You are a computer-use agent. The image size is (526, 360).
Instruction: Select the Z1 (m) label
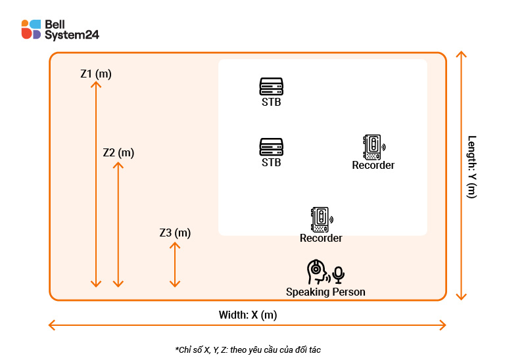[96, 74]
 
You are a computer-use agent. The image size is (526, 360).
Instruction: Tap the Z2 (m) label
[118, 152]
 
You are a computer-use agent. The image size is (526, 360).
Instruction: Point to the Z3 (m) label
[175, 233]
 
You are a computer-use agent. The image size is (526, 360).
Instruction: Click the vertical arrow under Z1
[96, 184]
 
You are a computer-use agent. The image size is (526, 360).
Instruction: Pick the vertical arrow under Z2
[118, 223]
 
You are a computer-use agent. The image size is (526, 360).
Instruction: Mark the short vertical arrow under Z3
[175, 264]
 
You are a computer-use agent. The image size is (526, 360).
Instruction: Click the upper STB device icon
[271, 87]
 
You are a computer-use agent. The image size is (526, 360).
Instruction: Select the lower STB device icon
[271, 146]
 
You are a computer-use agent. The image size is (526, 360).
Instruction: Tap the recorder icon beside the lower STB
[373, 147]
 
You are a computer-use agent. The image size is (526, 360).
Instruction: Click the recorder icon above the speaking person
[320, 219]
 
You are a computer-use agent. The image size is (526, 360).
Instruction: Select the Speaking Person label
[325, 292]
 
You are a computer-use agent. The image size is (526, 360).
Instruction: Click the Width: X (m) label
[248, 315]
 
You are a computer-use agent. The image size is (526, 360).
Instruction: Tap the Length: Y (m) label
[471, 166]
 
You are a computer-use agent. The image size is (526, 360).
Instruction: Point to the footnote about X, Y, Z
[248, 349]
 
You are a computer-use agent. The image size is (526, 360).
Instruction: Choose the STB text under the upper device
[271, 102]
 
